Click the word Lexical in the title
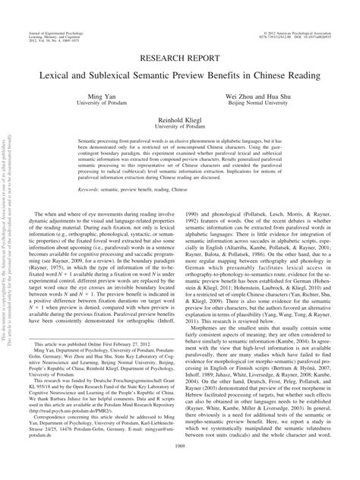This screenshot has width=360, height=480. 100,74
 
